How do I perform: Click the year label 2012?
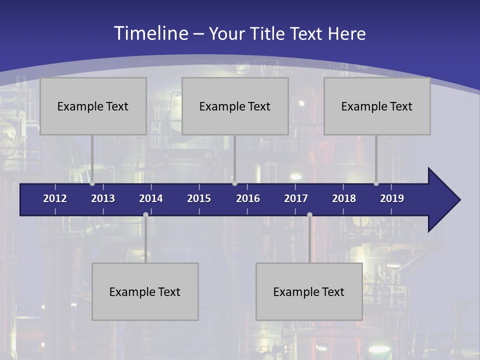55,198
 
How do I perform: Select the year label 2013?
103,198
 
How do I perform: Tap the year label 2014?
151,198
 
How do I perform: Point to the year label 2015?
199,198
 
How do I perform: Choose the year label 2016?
248,198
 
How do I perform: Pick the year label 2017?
296,198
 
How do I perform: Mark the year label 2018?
344,198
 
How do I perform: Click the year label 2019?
392,198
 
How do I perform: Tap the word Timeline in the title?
151,33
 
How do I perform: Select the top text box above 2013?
93,106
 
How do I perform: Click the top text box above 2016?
235,106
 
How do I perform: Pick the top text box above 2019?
377,106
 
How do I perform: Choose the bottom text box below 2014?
145,291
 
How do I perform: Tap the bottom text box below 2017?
309,291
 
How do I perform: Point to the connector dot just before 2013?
92,183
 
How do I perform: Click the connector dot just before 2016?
234,183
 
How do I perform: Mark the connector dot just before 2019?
376,183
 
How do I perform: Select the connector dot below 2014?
145,215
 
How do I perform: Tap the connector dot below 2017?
309,215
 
